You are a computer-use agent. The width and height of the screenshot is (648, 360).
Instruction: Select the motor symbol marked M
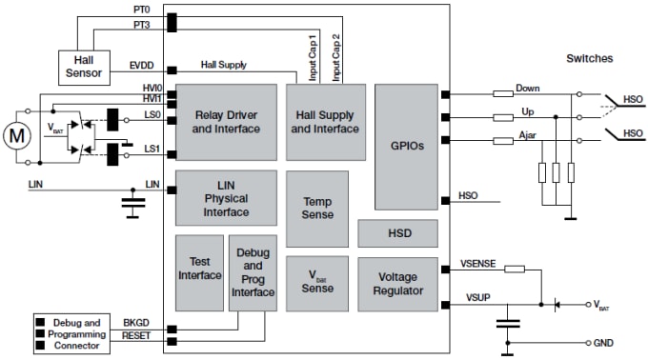pyautogui.click(x=16, y=135)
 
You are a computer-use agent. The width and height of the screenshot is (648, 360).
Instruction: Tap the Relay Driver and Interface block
pyautogui.click(x=226, y=122)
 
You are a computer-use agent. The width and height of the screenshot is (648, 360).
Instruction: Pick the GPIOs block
pyautogui.click(x=405, y=147)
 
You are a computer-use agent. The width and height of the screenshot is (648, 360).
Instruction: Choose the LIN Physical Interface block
pyautogui.click(x=226, y=198)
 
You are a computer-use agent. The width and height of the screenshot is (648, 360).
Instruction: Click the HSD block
pyautogui.click(x=397, y=233)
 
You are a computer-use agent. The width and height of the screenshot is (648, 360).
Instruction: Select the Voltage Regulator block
pyautogui.click(x=397, y=284)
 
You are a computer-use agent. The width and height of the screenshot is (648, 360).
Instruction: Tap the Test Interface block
pyautogui.click(x=199, y=269)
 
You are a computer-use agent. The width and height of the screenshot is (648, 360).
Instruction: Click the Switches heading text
pyautogui.click(x=588, y=58)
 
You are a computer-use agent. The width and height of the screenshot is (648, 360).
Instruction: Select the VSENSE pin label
pyautogui.click(x=476, y=262)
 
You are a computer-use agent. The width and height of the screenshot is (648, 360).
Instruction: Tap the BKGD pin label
pyautogui.click(x=136, y=322)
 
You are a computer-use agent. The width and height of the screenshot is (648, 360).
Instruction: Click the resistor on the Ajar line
pyautogui.click(x=503, y=141)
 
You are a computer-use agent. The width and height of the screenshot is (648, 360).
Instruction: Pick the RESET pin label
pyautogui.click(x=134, y=335)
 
